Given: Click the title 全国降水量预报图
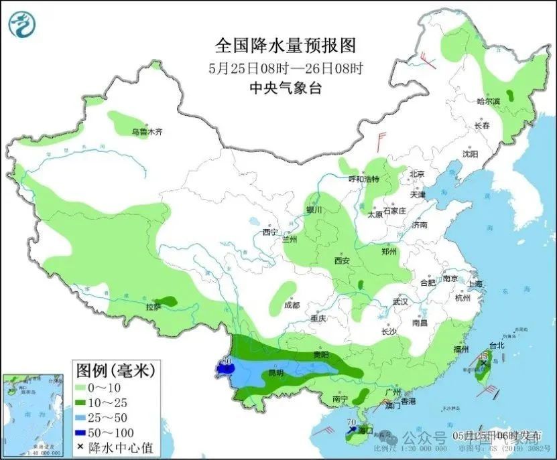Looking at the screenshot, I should [x=285, y=46].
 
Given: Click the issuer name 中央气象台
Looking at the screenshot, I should [x=285, y=88].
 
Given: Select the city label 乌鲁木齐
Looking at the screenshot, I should [x=147, y=133].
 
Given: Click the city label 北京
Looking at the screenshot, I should [x=417, y=174].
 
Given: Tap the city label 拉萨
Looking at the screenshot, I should [x=153, y=307].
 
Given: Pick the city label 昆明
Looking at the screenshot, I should [x=276, y=372].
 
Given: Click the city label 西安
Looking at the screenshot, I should [x=342, y=261].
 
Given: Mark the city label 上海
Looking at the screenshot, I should [x=475, y=283].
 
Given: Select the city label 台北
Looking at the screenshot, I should [x=495, y=346].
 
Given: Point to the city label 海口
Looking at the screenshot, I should [x=365, y=429].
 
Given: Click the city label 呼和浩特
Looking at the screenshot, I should [x=363, y=179].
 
